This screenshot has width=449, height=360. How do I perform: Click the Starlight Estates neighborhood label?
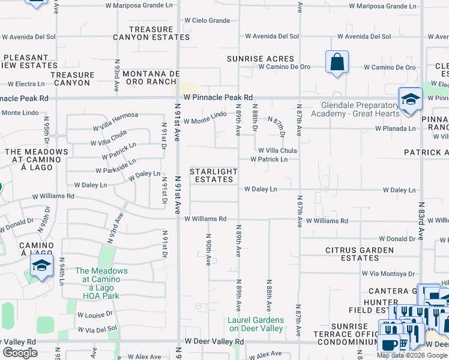(214, 175)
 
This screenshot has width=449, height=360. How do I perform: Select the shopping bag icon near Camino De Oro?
(337, 62)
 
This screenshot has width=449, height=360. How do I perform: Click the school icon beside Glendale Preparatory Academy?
(411, 100)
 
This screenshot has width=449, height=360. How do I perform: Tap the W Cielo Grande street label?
(208, 21)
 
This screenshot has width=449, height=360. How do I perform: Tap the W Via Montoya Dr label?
(389, 273)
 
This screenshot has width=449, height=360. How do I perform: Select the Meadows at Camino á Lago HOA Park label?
(101, 283)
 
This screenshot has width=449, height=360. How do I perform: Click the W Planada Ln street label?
(396, 128)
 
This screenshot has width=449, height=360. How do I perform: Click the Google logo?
(20, 353)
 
